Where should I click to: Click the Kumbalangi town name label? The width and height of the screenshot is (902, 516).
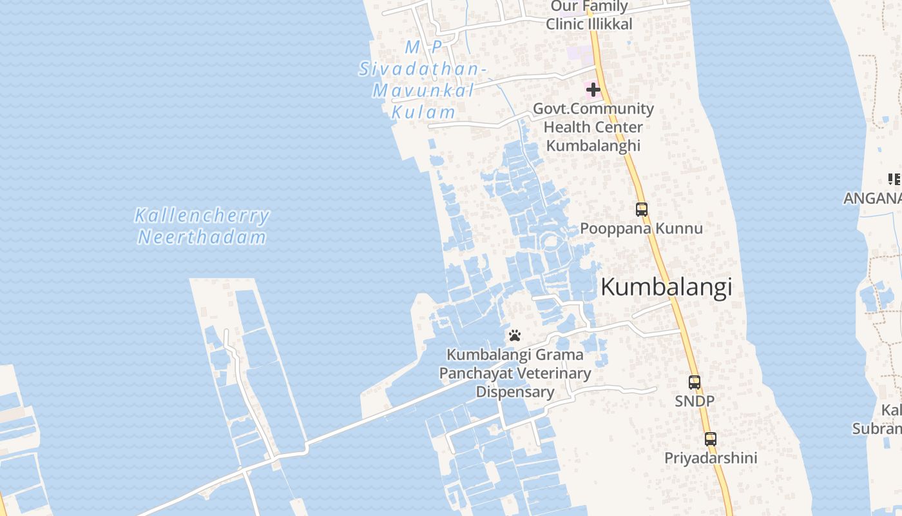[666, 287]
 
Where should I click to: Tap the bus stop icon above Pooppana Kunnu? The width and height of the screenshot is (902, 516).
[642, 209]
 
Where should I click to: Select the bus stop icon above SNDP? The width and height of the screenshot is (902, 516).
[694, 382]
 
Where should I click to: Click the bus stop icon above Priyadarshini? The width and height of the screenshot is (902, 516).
[710, 439]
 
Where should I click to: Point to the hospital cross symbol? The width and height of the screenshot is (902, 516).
[593, 89]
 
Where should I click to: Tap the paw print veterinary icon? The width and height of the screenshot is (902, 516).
[514, 335]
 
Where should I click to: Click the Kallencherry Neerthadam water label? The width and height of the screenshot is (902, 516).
[202, 226]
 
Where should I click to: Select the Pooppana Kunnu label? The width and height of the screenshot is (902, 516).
[641, 228]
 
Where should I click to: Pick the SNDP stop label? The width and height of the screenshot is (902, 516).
[694, 401]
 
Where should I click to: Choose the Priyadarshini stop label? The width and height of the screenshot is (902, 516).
[711, 458]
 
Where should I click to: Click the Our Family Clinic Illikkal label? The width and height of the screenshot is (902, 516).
[589, 15]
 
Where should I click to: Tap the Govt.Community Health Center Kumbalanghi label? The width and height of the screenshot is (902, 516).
[593, 127]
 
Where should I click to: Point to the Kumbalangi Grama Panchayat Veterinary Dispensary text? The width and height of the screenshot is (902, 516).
[515, 373]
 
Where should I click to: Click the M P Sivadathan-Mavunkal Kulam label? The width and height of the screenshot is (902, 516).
[423, 79]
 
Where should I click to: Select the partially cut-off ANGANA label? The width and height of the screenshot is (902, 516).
[873, 198]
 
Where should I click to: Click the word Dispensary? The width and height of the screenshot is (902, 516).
[515, 392]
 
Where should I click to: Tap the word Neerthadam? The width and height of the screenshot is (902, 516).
[202, 237]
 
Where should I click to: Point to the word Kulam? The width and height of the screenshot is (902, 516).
[423, 112]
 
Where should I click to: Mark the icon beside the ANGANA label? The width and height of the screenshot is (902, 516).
[894, 179]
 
